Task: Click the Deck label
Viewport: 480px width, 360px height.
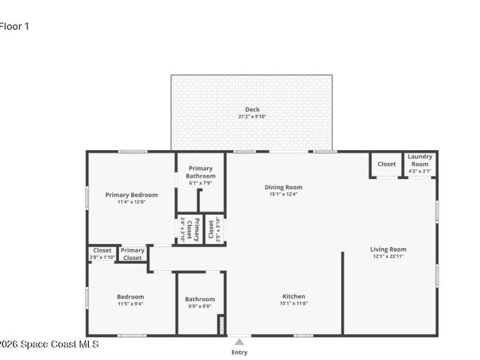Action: tap(252, 110)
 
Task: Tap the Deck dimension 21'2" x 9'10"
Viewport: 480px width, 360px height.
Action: tap(252, 117)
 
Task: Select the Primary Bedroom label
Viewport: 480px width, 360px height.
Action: tap(132, 195)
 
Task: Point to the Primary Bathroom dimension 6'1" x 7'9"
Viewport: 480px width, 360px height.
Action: tap(201, 183)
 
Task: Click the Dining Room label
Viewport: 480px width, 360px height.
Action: tap(284, 187)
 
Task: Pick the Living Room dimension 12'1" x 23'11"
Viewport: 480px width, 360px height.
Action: tap(388, 256)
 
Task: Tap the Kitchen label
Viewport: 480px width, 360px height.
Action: tap(293, 296)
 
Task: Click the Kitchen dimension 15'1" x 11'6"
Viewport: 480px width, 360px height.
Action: tap(293, 303)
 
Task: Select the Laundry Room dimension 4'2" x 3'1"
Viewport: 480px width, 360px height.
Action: tap(420, 171)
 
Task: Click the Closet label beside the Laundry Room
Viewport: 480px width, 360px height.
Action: tap(387, 164)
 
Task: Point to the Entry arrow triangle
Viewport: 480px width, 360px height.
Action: tap(240, 342)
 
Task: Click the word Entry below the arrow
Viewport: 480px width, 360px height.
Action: tap(240, 352)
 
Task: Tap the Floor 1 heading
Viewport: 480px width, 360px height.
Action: tap(14, 27)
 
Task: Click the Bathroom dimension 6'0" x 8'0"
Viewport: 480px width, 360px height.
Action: tap(200, 306)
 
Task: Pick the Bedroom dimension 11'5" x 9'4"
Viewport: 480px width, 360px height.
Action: tap(130, 304)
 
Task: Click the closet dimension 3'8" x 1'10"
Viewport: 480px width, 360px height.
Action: tap(102, 257)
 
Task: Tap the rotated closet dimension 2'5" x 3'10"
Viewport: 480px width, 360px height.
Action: tap(218, 230)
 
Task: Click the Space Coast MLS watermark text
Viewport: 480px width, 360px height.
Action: tap(49, 345)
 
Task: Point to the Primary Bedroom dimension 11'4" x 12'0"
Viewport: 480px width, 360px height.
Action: tap(132, 202)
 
